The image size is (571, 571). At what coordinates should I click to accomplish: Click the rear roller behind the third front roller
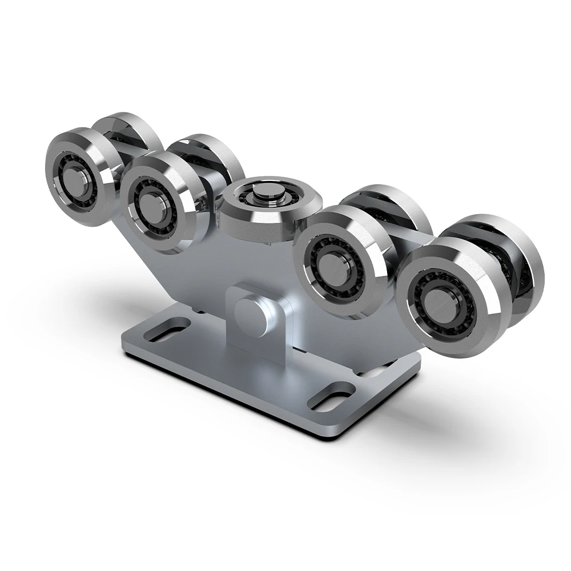394,206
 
